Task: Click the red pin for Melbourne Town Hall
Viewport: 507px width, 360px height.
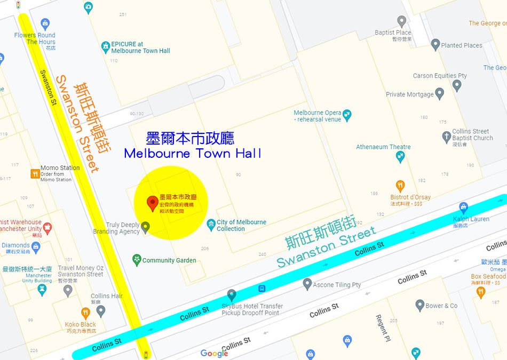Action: (x=152, y=203)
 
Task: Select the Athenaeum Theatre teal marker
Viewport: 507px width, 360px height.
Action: (x=400, y=156)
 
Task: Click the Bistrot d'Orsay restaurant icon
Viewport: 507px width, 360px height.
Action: (x=400, y=186)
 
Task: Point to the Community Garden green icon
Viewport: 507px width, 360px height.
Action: (x=137, y=260)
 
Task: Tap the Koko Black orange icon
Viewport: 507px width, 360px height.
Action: (x=85, y=313)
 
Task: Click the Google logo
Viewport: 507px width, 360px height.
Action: (x=214, y=353)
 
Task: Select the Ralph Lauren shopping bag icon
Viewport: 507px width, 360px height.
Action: (x=463, y=207)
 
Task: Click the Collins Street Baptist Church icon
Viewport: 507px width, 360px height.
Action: (x=446, y=138)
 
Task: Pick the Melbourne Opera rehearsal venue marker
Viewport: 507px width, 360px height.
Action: (x=347, y=114)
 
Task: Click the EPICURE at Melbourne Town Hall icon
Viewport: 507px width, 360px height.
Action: (x=106, y=47)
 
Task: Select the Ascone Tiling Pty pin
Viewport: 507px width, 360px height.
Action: (x=307, y=284)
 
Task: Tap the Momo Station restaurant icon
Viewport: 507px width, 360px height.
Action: (x=35, y=173)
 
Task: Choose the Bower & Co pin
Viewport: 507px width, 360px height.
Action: (x=419, y=305)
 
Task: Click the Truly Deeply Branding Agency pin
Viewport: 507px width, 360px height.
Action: (x=145, y=227)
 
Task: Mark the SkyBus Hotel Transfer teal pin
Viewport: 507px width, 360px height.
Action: (x=232, y=294)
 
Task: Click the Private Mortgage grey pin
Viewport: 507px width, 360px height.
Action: (x=439, y=94)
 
